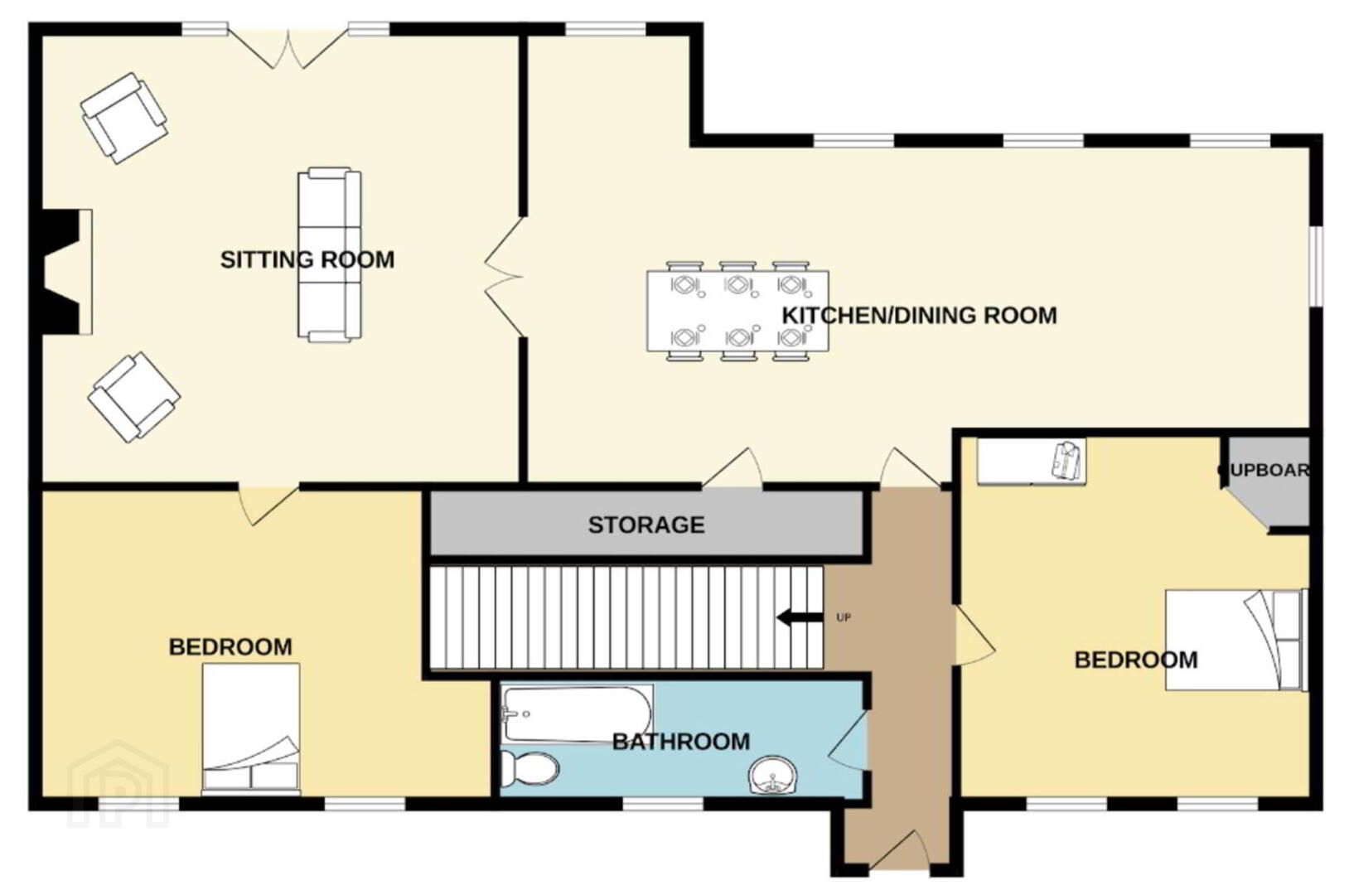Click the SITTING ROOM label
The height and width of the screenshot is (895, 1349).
[307, 259]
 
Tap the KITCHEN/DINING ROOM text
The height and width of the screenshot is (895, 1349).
[919, 316]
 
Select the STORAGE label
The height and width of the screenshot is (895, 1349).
[646, 525]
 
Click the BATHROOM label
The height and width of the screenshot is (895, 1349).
[681, 742]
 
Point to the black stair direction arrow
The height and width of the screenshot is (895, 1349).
[800, 617]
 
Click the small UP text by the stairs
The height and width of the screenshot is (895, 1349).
[844, 617]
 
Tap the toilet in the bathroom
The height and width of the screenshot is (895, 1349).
[530, 770]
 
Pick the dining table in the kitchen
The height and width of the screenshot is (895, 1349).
[737, 311]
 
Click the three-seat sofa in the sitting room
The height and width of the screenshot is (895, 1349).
[330, 254]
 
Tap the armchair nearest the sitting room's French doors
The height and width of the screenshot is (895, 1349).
[124, 118]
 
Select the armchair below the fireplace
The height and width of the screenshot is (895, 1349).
[133, 398]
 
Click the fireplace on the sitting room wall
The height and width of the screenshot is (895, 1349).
[67, 272]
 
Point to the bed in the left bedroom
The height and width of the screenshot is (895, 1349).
[251, 728]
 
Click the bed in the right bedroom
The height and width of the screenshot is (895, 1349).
[1236, 640]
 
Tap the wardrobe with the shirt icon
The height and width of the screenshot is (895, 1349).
[1032, 461]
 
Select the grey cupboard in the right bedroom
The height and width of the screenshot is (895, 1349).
[1269, 481]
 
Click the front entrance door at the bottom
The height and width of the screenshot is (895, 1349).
[899, 849]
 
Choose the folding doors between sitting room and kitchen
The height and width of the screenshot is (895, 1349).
[505, 277]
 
